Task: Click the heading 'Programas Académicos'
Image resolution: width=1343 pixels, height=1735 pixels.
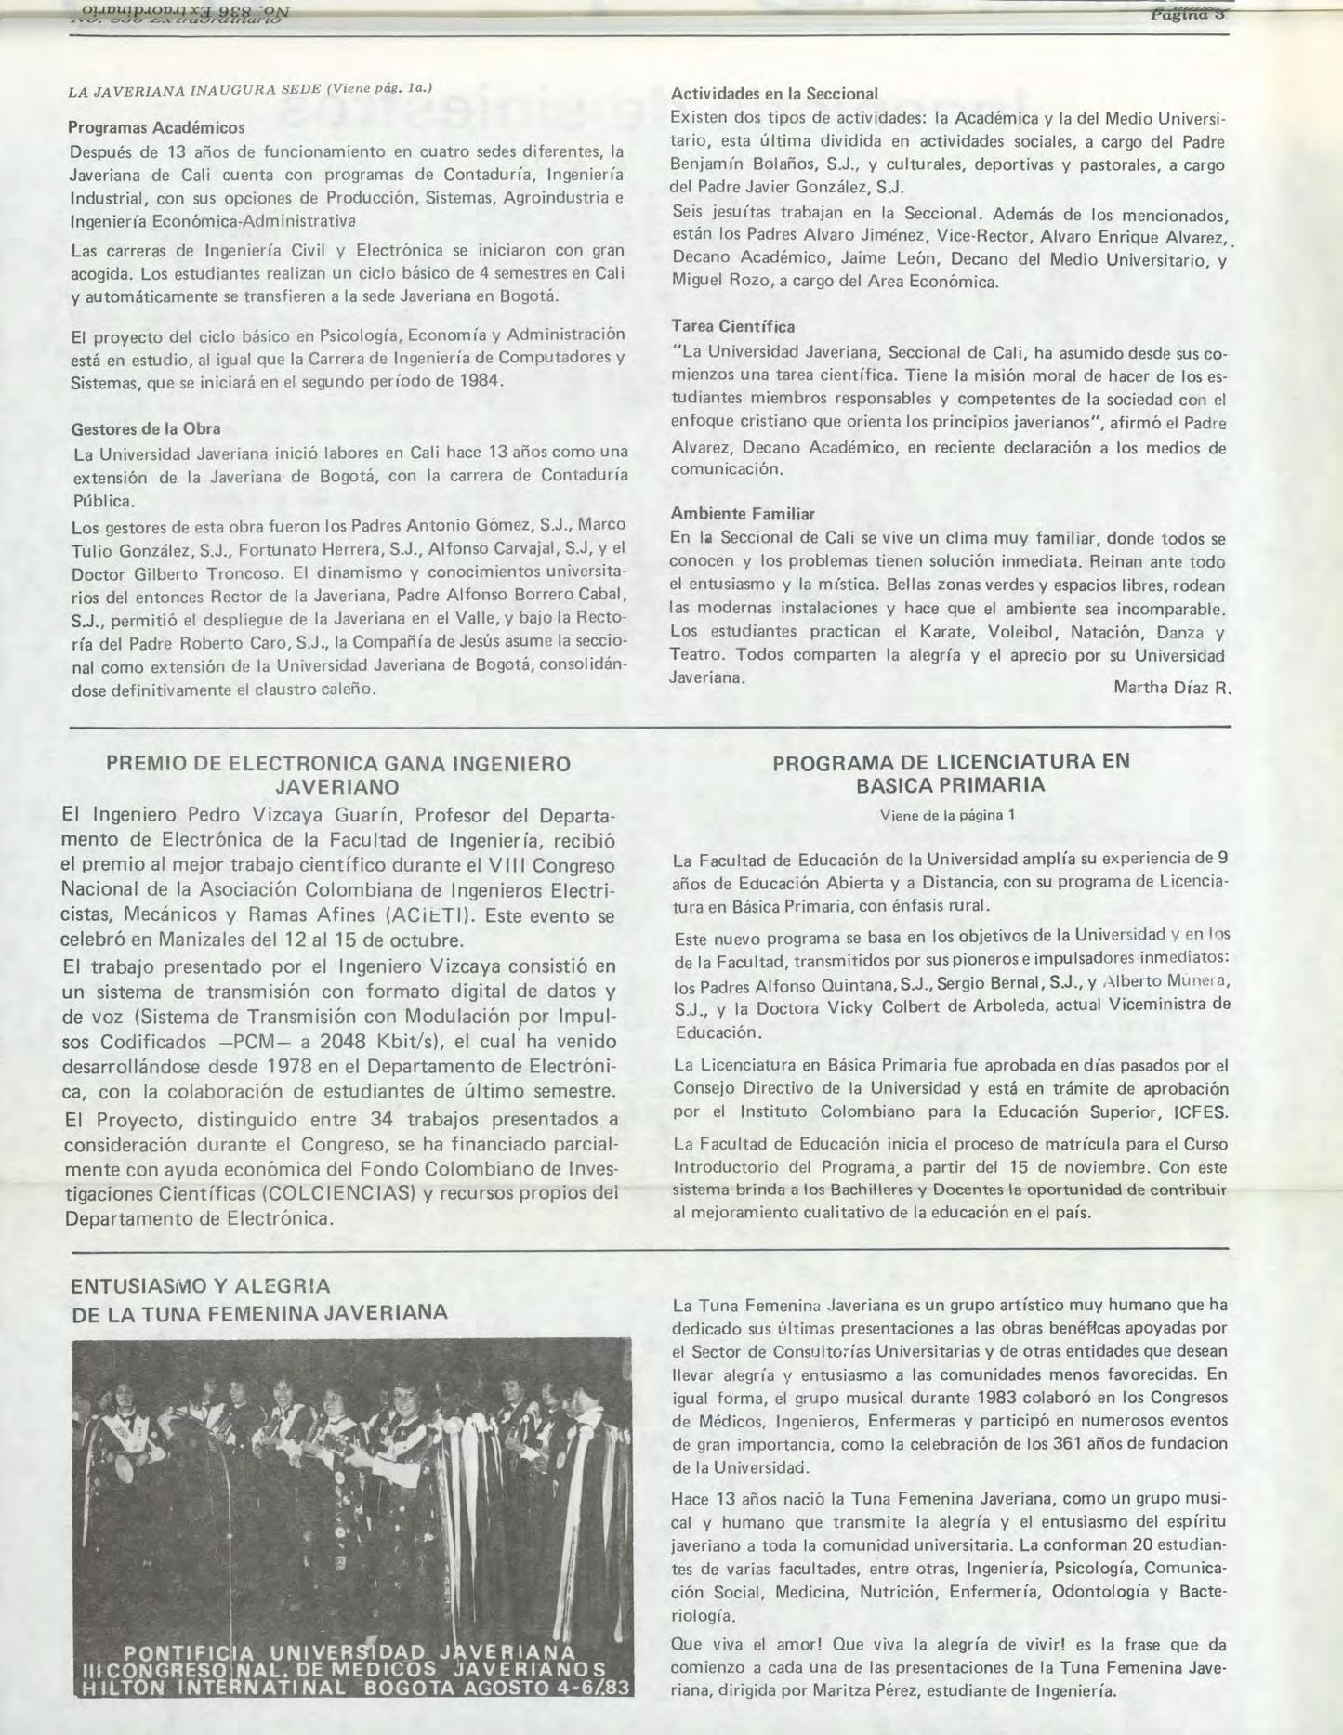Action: (x=157, y=127)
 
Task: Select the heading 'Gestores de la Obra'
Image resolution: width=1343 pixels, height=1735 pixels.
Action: (x=146, y=429)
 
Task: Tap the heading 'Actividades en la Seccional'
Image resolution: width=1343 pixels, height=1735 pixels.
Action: (x=774, y=94)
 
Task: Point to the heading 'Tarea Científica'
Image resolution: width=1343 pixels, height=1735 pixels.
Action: (x=732, y=327)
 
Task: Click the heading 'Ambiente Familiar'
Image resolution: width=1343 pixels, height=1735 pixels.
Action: (x=743, y=514)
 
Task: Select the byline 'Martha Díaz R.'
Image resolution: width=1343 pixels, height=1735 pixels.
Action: (x=1171, y=688)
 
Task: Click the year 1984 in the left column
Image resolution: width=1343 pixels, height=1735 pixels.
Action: (x=480, y=381)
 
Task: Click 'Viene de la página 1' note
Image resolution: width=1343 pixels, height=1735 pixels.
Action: (x=947, y=815)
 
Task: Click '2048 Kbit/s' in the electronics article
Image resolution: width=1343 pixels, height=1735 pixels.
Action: (x=382, y=1043)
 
